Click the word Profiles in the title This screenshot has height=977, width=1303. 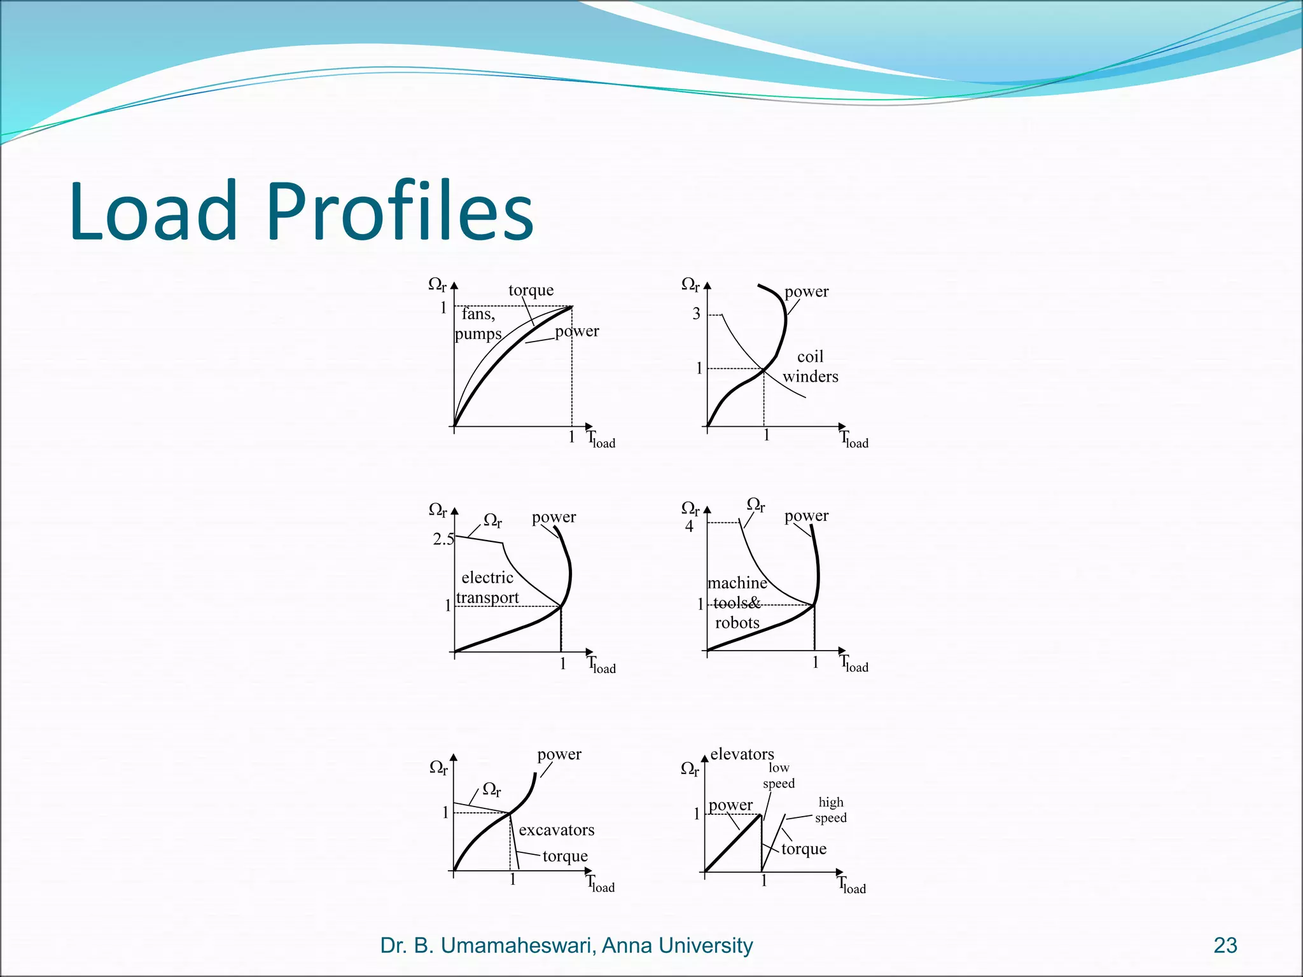click(400, 212)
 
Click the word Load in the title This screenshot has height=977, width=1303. click(153, 212)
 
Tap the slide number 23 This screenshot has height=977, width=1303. click(1225, 946)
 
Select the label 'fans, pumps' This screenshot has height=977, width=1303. click(478, 324)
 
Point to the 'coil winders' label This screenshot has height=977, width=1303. click(810, 366)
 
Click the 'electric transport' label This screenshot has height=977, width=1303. click(487, 587)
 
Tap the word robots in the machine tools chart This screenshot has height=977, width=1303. click(737, 623)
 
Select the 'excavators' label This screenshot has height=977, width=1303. click(556, 830)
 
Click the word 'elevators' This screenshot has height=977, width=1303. click(742, 754)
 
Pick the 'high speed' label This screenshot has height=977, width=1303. click(831, 810)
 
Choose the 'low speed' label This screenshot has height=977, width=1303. click(779, 775)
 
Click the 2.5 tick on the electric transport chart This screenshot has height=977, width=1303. click(443, 539)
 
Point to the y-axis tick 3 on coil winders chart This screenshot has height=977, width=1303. click(696, 314)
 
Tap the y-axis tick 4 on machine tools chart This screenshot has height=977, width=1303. click(689, 527)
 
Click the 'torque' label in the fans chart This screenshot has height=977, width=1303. click(531, 291)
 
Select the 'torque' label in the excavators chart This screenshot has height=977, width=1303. click(565, 856)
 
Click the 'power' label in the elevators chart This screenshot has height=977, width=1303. click(730, 805)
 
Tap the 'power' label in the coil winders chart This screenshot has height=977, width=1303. click(806, 292)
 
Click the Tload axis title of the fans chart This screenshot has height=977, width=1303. click(601, 440)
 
